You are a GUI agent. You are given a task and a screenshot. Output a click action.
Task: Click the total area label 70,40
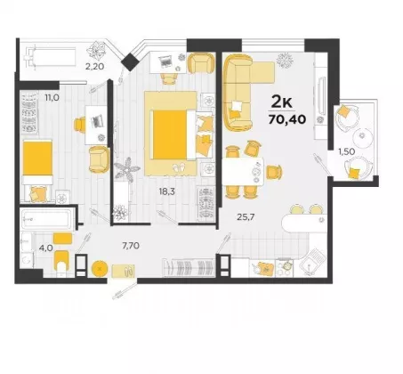pyautogui.click(x=287, y=119)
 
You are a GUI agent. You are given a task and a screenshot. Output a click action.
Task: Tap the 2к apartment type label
pyautogui.click(x=282, y=102)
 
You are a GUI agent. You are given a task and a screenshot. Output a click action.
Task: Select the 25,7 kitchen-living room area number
pyautogui.click(x=246, y=217)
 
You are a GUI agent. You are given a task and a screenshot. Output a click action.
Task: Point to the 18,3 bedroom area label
pyautogui.click(x=166, y=191)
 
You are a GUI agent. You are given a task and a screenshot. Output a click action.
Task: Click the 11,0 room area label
pyautogui.click(x=52, y=97)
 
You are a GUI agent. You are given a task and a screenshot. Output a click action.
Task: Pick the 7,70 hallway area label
pyautogui.click(x=131, y=246)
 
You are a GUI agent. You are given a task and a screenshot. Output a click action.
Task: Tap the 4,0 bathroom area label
pyautogui.click(x=45, y=248)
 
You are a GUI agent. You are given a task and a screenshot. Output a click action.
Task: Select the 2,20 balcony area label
pyautogui.click(x=94, y=67)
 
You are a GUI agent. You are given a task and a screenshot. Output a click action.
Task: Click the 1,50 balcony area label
pyautogui.click(x=347, y=151)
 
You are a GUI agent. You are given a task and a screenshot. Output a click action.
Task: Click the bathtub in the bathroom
pyautogui.click(x=47, y=220)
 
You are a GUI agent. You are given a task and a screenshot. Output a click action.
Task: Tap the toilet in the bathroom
pyautogui.click(x=61, y=262)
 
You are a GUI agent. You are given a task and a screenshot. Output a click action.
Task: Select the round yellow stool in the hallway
pyautogui.click(x=100, y=269)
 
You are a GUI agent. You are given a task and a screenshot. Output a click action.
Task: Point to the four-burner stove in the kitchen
pyautogui.click(x=285, y=268)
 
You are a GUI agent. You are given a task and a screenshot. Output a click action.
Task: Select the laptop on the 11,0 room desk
pyautogui.click(x=97, y=120)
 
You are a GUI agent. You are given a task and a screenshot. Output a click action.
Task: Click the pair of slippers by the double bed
pyautogui.click(x=178, y=167)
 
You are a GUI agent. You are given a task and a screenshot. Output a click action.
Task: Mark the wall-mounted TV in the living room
pyautogui.click(x=320, y=95)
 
